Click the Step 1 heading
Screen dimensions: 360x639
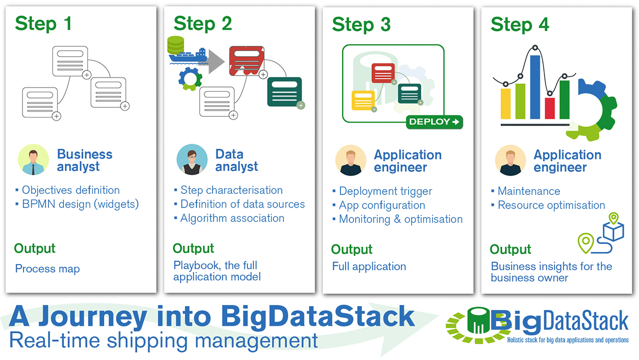(x=43, y=24)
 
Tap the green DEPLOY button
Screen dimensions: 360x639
(x=434, y=122)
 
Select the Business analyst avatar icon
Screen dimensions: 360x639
(x=33, y=160)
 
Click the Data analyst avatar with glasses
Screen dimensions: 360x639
(x=192, y=160)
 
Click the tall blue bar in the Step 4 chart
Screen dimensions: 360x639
(x=535, y=87)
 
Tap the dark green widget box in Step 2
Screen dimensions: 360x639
(x=284, y=91)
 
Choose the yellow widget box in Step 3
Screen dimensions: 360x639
(x=362, y=100)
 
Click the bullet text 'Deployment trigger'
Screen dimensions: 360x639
(x=385, y=191)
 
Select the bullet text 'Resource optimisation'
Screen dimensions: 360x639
(x=551, y=205)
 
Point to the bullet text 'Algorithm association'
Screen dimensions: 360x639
(x=232, y=219)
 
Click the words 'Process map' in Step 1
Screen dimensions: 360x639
(x=48, y=269)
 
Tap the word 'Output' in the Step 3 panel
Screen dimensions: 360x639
(x=351, y=249)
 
